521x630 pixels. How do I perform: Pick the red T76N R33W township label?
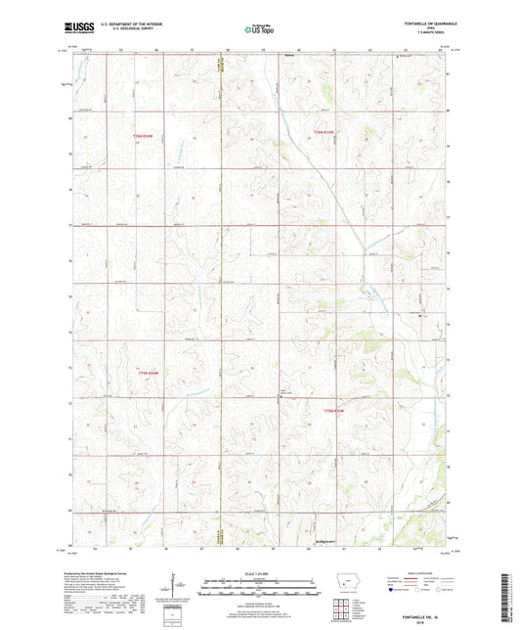[324, 131]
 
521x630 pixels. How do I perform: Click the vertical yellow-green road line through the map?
[223, 293]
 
